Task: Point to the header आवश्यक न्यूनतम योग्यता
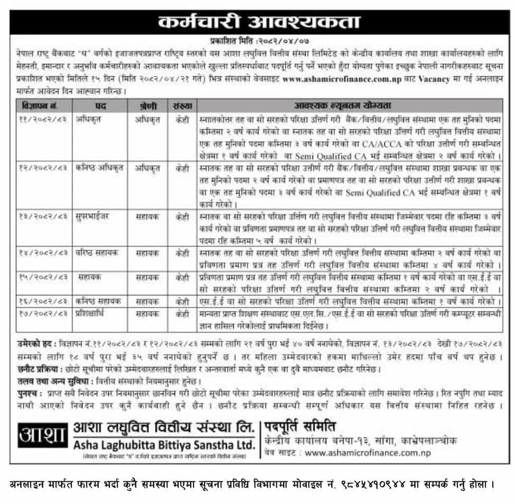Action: (351, 105)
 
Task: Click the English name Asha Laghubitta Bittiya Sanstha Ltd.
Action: (164, 443)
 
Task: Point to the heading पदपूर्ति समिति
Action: (300, 426)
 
